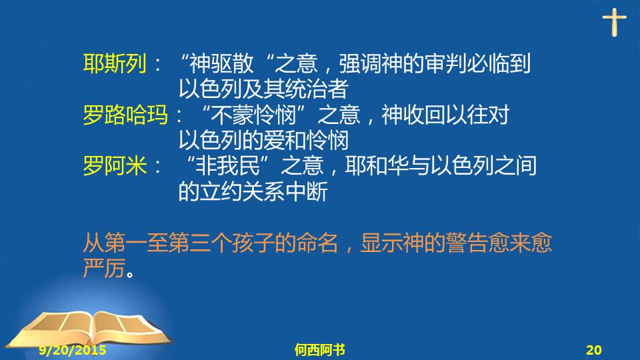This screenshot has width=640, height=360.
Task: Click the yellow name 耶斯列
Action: tap(115, 64)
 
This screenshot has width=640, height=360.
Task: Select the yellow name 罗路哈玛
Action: tap(125, 115)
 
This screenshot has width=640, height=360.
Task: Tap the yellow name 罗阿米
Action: tap(115, 166)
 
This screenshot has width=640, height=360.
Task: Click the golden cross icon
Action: tap(614, 23)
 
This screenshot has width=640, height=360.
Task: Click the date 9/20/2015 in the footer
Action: tap(73, 350)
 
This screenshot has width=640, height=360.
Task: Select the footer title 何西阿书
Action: tap(319, 350)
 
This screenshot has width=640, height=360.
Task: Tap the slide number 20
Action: tap(594, 350)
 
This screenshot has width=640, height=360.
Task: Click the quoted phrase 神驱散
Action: tap(221, 64)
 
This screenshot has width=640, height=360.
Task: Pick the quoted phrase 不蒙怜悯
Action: tap(253, 115)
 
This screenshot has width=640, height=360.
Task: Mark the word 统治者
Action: tap(316, 89)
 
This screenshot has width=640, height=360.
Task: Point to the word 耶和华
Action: tap(377, 166)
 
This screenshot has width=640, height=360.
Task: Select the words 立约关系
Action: tap(243, 191)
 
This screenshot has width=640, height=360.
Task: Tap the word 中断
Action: tap(307, 191)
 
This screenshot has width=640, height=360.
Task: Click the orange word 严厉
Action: tap(104, 268)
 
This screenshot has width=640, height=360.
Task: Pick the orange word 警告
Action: tap(467, 243)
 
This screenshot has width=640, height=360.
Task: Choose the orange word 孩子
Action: tap(253, 243)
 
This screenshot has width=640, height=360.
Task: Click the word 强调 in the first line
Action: tap(360, 64)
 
